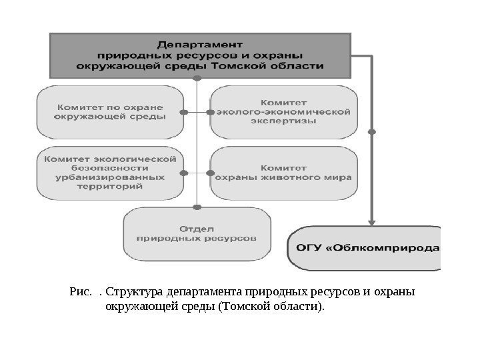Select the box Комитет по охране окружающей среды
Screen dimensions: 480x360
click(x=110, y=111)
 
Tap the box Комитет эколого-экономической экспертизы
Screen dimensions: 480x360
click(x=284, y=112)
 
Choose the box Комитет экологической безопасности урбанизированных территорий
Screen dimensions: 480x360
click(x=110, y=173)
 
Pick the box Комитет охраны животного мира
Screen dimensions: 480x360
click(x=284, y=173)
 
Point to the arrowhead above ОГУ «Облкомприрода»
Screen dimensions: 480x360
click(x=373, y=219)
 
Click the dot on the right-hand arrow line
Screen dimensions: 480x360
click(x=373, y=132)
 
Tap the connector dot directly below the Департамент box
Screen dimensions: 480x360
click(x=197, y=78)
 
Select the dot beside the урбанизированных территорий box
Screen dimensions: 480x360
click(x=185, y=173)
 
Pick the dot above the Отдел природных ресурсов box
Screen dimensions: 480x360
click(x=197, y=205)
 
